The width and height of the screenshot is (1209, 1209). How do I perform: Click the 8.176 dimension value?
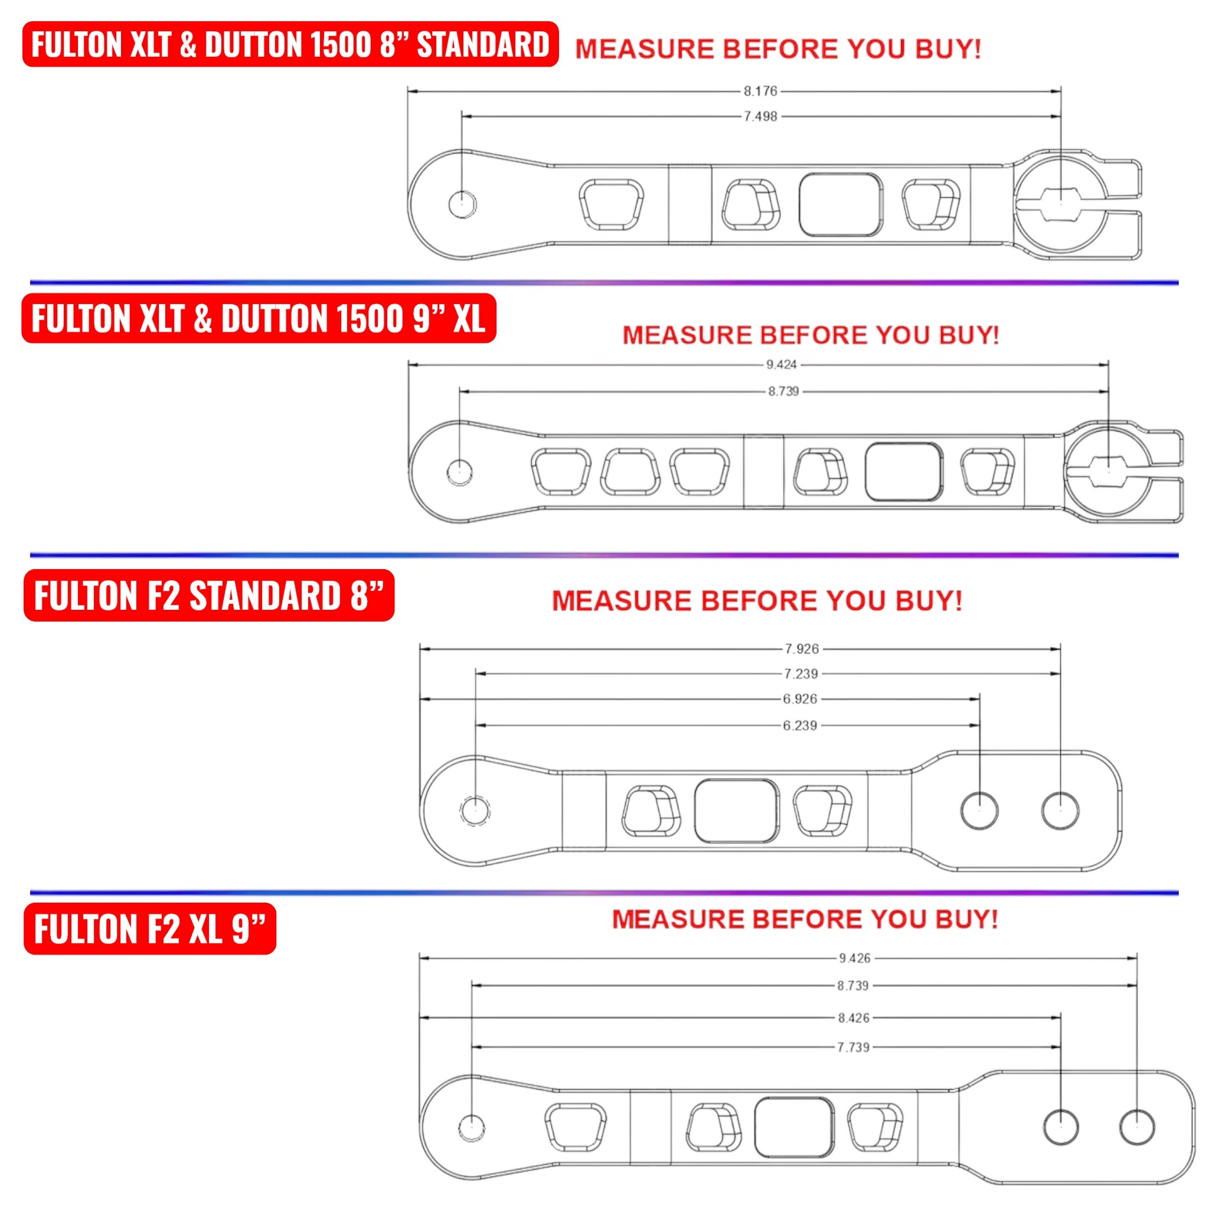[x=760, y=92]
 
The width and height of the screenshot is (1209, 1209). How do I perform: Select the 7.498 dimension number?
[x=760, y=116]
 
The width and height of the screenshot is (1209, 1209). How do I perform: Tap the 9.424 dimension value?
[x=781, y=364]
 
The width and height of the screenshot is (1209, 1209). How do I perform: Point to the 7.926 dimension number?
[x=802, y=649]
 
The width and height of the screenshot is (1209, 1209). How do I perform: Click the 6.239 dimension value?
[x=800, y=726]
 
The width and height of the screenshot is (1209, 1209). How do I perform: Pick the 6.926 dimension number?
[x=800, y=699]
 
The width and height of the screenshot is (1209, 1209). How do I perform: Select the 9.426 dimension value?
[x=854, y=958]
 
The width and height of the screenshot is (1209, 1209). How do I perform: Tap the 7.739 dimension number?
[x=853, y=1047]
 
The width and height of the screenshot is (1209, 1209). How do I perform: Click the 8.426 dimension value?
[x=854, y=1018]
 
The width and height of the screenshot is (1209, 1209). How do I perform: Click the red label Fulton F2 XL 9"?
[x=149, y=929]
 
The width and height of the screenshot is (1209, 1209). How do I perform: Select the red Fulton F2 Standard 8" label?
[x=208, y=595]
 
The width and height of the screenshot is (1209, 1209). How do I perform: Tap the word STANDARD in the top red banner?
[x=482, y=44]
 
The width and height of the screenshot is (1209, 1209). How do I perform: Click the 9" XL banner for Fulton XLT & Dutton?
[x=259, y=319]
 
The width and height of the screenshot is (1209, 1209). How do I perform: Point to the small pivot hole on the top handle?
[x=462, y=204]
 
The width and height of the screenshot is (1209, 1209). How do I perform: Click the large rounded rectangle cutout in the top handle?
[x=841, y=205]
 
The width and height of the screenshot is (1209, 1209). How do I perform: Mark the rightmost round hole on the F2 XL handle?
[x=1136, y=1127]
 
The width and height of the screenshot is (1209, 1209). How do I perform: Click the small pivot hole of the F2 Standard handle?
[x=475, y=811]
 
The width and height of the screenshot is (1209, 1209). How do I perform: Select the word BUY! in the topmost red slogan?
[x=947, y=49]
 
